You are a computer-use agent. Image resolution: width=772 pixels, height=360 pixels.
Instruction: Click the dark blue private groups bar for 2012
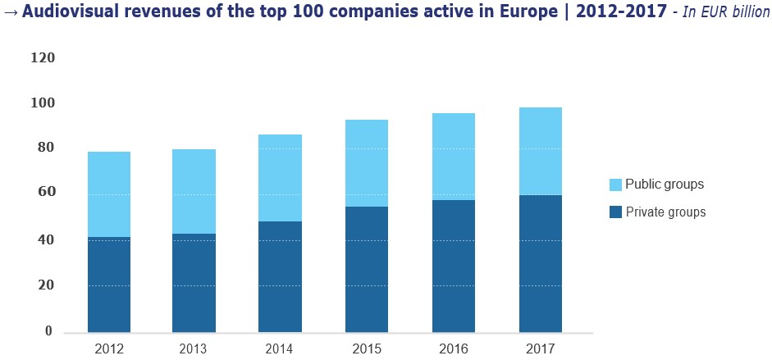pyautogui.click(x=108, y=285)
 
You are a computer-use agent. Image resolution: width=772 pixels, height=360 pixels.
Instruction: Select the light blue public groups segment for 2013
pyautogui.click(x=194, y=191)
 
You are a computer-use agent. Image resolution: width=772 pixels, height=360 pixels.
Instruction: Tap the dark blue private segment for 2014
pyautogui.click(x=280, y=276)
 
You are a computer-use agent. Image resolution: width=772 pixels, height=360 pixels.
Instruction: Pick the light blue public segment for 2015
pyautogui.click(x=367, y=163)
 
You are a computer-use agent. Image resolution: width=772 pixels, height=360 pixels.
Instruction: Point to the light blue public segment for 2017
pyautogui.click(x=540, y=151)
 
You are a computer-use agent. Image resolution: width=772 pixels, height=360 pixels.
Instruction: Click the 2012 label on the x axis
pyautogui.click(x=108, y=349)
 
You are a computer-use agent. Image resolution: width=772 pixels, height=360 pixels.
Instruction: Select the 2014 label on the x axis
pyautogui.click(x=280, y=349)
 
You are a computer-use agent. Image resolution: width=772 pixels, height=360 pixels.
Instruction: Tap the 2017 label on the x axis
pyautogui.click(x=540, y=349)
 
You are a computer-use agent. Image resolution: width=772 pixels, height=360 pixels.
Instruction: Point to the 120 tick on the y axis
pyautogui.click(x=42, y=58)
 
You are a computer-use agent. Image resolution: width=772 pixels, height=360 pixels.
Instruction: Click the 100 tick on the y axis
pyautogui.click(x=42, y=103)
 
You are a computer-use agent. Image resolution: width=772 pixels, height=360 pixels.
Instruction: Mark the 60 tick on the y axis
pyautogui.click(x=46, y=192)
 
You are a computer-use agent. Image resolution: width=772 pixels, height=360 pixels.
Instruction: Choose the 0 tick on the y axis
pyautogui.click(x=48, y=331)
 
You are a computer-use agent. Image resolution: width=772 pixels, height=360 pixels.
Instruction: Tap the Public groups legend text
pyautogui.click(x=665, y=185)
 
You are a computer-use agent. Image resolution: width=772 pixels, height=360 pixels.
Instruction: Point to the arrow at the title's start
pyautogui.click(x=8, y=13)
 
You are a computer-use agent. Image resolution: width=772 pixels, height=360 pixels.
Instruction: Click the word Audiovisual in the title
pyautogui.click(x=65, y=13)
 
